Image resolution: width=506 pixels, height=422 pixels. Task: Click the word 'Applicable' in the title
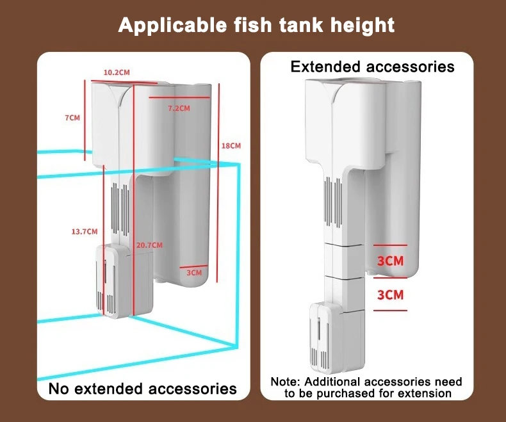(168, 26)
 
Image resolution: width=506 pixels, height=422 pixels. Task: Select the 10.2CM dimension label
(117, 72)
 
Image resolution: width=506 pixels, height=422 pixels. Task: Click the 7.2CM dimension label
(179, 108)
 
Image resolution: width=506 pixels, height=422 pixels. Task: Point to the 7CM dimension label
(72, 118)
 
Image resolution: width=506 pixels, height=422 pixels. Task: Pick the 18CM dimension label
(231, 146)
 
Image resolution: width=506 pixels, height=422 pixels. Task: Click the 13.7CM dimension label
(84, 231)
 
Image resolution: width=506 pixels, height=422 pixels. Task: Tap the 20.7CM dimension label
(149, 245)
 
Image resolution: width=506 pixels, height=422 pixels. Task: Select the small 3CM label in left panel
(193, 273)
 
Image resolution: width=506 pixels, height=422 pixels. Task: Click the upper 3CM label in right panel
(390, 261)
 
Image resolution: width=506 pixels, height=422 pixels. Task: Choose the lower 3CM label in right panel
(390, 295)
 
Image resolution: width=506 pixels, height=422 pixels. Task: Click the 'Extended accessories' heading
(372, 67)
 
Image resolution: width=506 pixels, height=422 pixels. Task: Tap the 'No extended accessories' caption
(143, 388)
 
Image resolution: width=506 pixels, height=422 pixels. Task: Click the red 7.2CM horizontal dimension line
(179, 98)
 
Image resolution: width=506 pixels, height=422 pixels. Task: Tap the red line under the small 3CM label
(193, 266)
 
